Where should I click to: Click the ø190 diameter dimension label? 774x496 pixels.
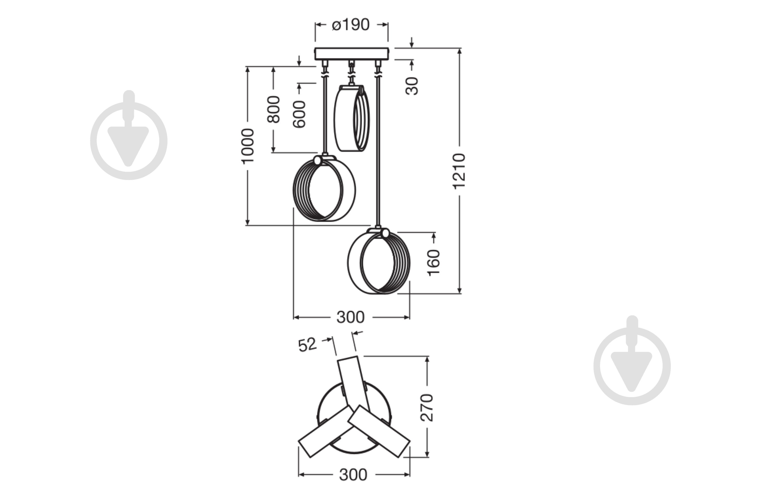tap(351, 25)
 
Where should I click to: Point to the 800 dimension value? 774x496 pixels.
tap(274, 109)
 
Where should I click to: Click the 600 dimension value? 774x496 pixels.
tap(299, 114)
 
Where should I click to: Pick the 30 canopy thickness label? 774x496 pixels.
tap(412, 86)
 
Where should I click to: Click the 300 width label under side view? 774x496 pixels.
tap(350, 317)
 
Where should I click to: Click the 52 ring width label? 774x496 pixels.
tap(307, 345)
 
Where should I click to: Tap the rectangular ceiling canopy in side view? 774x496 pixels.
tap(352, 54)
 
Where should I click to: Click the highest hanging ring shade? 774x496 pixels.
tap(352, 118)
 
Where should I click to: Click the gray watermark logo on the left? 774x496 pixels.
tap(129, 135)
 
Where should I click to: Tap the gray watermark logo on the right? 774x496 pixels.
tap(632, 361)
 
